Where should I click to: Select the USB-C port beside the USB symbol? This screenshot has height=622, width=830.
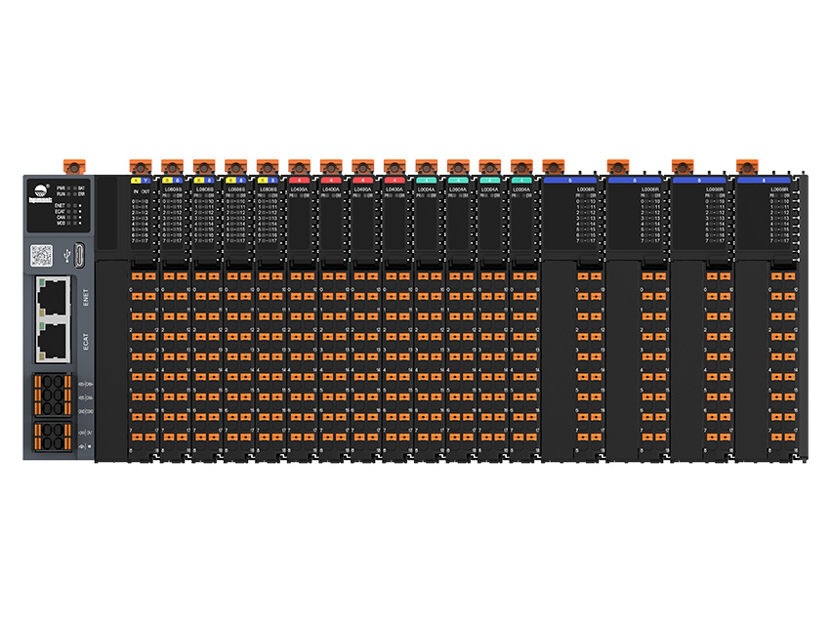tap(81, 257)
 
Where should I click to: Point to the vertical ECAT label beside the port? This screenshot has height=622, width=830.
tap(86, 340)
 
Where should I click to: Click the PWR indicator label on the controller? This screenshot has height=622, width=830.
tap(61, 187)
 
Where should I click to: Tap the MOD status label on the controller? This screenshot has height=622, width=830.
tap(61, 224)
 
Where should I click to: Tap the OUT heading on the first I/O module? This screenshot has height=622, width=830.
tap(145, 190)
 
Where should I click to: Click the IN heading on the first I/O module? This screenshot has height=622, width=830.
tap(135, 190)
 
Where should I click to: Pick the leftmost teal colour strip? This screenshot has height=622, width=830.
tap(426, 181)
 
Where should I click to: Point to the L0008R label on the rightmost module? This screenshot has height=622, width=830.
tap(779, 189)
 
